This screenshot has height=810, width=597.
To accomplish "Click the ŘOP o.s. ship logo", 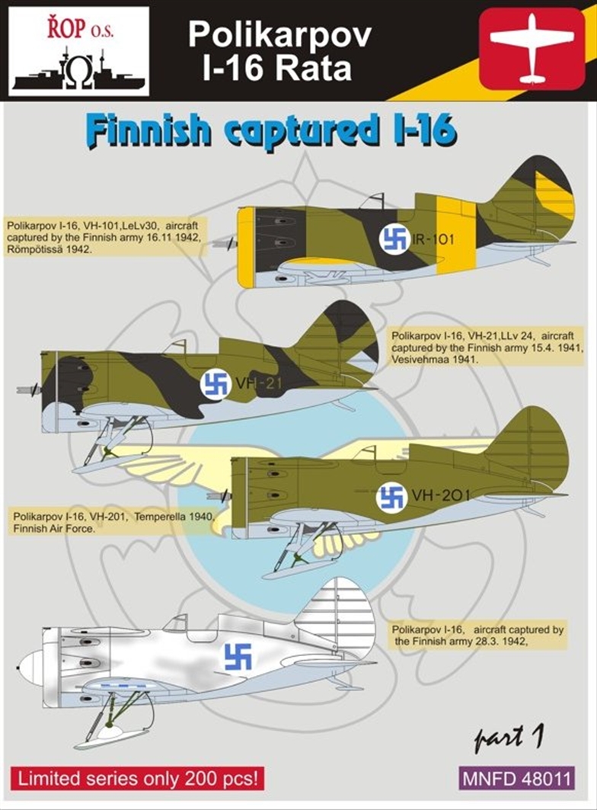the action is click(x=79, y=52).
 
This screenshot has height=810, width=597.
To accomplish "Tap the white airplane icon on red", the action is click(x=532, y=50).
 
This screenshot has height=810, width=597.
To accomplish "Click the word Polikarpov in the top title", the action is click(x=280, y=35).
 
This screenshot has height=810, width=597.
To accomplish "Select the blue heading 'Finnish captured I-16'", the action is click(x=272, y=132).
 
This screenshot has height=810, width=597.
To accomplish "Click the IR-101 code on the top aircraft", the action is click(x=433, y=239).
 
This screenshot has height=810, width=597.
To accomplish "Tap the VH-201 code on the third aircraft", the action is click(x=441, y=496).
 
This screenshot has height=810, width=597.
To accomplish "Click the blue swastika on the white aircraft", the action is click(x=238, y=656).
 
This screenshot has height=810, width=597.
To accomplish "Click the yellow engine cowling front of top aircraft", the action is click(x=247, y=247).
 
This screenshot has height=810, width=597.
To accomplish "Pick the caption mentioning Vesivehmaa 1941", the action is click(x=487, y=347).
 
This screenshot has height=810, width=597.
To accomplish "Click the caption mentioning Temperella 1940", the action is click(x=111, y=522).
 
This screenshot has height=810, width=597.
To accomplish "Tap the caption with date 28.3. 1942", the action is click(x=477, y=636).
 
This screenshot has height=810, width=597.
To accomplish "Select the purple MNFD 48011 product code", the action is click(x=516, y=778).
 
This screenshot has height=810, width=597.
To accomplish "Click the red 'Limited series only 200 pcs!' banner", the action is click(x=138, y=778).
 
